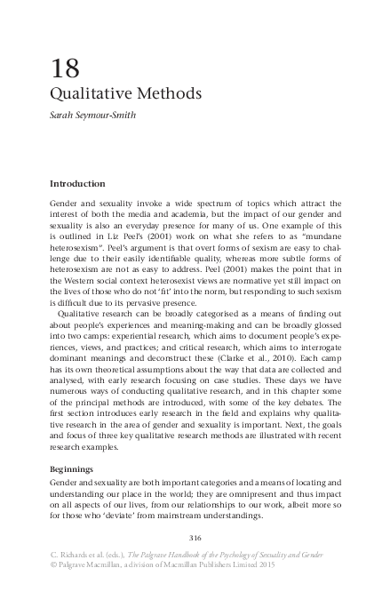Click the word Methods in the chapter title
pyautogui.click(x=166, y=92)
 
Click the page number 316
pyautogui.click(x=197, y=536)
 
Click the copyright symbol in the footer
pyautogui.click(x=53, y=563)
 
